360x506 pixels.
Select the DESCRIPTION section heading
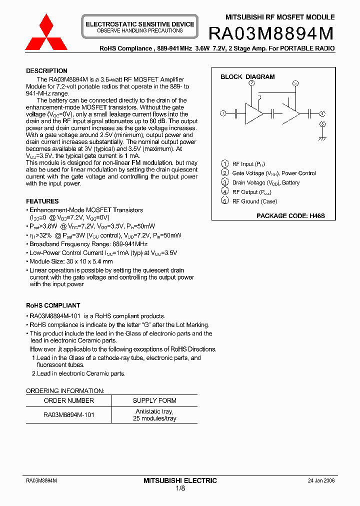tap(46, 71)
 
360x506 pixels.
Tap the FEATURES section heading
tap(42, 201)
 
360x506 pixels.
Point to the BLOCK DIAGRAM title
tap(247, 77)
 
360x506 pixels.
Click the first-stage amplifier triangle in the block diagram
tap(253, 113)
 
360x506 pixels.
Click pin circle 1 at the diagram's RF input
tap(223, 113)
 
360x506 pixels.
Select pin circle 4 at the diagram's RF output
tap(322, 113)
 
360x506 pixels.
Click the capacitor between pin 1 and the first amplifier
tap(235, 113)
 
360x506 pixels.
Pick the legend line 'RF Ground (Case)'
tap(254, 201)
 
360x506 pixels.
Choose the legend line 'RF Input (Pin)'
tap(250, 164)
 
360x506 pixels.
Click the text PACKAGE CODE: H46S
tap(290, 216)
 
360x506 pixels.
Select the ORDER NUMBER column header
tap(68, 400)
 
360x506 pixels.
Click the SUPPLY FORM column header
tap(154, 400)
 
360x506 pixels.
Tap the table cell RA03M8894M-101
tap(68, 414)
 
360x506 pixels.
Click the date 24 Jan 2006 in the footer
tap(321, 480)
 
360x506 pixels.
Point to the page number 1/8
tap(180, 488)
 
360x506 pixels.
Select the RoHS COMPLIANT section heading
tap(53, 305)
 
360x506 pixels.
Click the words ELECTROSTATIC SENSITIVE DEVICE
tap(140, 24)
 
